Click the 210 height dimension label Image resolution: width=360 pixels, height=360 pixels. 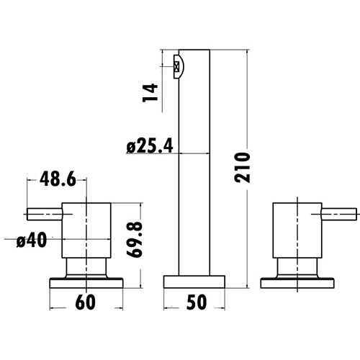point(243,167)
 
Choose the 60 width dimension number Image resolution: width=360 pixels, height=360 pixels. point(86,302)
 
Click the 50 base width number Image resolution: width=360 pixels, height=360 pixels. point(194,302)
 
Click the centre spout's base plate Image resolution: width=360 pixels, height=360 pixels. point(194,282)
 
